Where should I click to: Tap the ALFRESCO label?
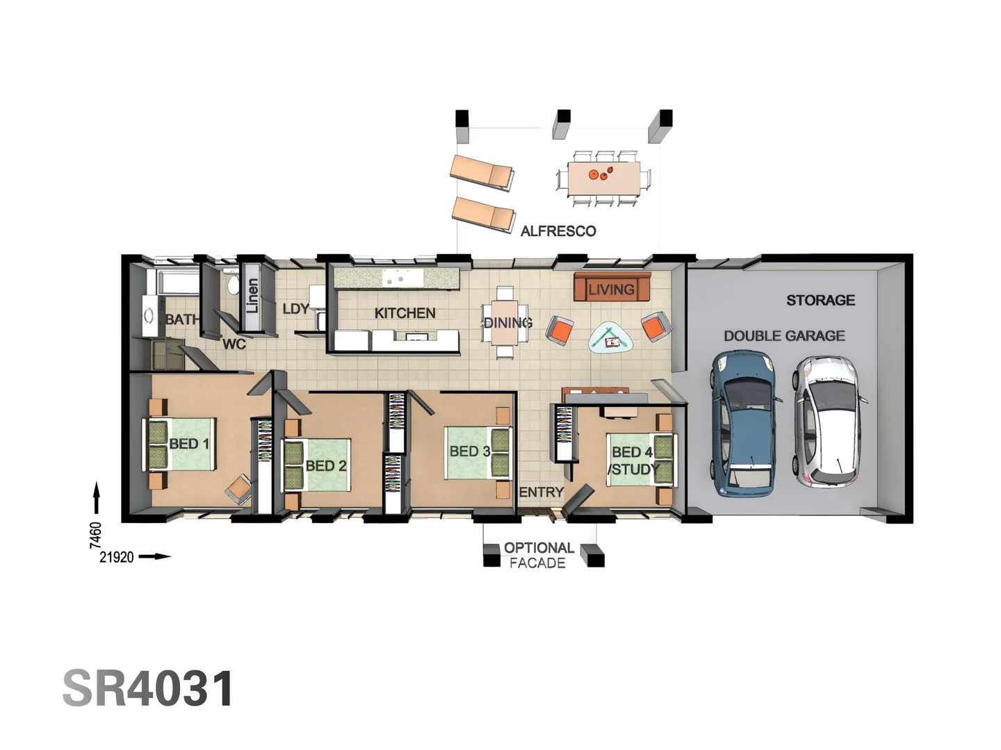pyautogui.click(x=558, y=231)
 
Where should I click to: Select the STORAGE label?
pyautogui.click(x=820, y=300)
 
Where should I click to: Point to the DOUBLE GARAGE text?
pyautogui.click(x=784, y=336)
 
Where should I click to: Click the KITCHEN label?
pyautogui.click(x=405, y=313)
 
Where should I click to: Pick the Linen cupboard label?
pyautogui.click(x=252, y=295)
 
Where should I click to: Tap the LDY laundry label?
pyautogui.click(x=295, y=309)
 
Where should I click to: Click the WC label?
pyautogui.click(x=234, y=344)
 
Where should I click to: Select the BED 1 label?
pyautogui.click(x=188, y=444)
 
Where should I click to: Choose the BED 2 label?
pyautogui.click(x=325, y=466)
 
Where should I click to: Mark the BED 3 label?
pyautogui.click(x=470, y=451)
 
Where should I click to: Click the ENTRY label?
pyautogui.click(x=541, y=492)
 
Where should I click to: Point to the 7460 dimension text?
pyautogui.click(x=96, y=535)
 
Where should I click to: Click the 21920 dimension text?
pyautogui.click(x=116, y=557)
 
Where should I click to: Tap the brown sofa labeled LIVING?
pyautogui.click(x=611, y=287)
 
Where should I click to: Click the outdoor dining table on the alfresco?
pyautogui.click(x=603, y=178)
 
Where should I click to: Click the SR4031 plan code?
pyautogui.click(x=148, y=689)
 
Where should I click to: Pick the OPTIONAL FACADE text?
pyautogui.click(x=538, y=556)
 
